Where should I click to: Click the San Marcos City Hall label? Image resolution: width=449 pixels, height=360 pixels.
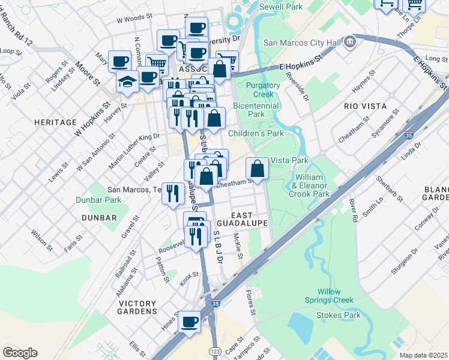(302, 43)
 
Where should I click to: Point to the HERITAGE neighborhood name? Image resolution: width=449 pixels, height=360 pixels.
(55, 122)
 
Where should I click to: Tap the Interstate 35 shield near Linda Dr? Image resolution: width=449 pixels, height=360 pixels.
(409, 134)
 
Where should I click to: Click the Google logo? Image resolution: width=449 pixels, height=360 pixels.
(20, 353)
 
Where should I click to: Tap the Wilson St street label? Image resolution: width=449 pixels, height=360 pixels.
(39, 239)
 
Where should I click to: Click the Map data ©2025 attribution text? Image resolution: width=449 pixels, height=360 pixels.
(423, 355)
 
